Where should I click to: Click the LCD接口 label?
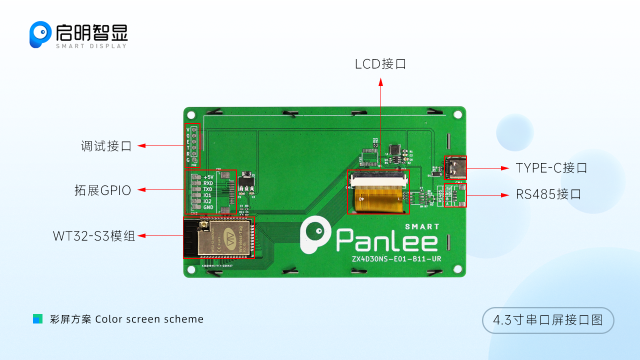[380, 64]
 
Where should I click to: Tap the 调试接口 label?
[106, 146]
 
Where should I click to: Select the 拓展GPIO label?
[102, 190]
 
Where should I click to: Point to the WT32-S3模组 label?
[94, 236]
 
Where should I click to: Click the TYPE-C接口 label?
[551, 168]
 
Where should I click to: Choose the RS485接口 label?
[548, 194]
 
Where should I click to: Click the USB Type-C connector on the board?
[455, 167]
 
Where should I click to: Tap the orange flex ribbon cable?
[378, 197]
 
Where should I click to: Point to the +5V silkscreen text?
[208, 177]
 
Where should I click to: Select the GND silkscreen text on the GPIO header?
[208, 207]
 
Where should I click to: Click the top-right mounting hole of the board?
[457, 115]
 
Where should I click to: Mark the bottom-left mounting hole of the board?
[191, 269]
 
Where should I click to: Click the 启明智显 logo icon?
[40, 34]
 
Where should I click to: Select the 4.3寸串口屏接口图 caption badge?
[547, 320]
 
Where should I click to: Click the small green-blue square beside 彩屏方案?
[37, 319]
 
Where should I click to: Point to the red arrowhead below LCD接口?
[380, 81]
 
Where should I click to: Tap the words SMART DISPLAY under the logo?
[91, 46]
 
